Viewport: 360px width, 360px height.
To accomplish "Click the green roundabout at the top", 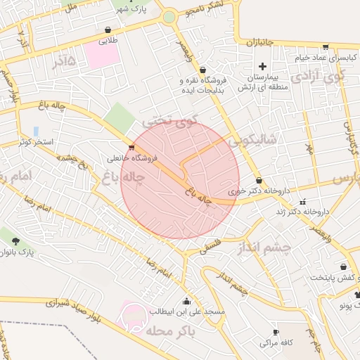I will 169,16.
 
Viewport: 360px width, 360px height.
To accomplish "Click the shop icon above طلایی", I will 108,30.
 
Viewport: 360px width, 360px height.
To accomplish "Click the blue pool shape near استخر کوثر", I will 36,131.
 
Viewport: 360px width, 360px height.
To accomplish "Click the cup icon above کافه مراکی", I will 276,332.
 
